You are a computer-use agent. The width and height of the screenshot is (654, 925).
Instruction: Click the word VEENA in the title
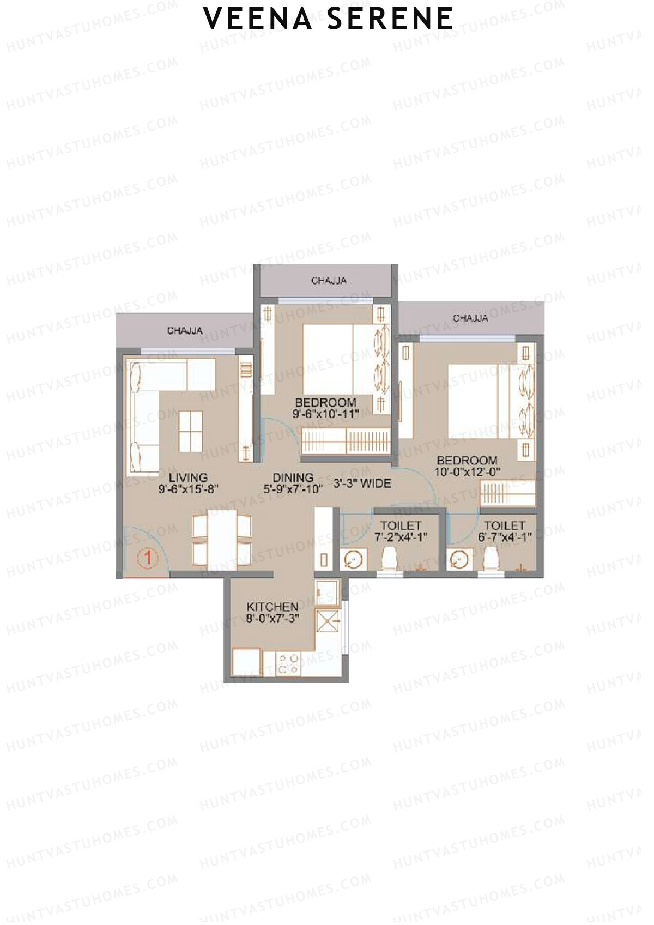257,19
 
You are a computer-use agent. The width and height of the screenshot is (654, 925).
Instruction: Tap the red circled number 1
147,558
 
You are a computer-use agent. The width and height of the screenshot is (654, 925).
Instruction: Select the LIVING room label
188,477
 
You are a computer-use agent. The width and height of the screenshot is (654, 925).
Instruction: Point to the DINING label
293,478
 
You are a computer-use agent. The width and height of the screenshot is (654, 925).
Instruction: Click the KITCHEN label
272,607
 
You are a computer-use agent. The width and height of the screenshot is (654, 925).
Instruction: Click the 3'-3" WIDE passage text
362,483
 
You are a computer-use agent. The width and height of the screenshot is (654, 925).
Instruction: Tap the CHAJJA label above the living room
185,331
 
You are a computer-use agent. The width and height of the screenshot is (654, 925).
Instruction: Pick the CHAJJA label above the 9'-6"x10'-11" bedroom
329,281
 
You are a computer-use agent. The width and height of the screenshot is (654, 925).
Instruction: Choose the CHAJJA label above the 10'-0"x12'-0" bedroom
470,318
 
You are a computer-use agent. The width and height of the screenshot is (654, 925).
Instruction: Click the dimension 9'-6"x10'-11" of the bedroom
325,414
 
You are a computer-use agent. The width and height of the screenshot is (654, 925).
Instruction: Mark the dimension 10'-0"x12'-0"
467,472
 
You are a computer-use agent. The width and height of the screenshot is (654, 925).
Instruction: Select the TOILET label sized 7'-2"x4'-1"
401,525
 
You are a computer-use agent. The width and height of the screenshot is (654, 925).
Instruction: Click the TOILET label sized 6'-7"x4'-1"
504,525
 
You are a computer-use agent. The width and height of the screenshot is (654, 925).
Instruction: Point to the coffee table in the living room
190,431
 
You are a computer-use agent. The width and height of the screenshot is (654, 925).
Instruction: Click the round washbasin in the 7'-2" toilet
353,559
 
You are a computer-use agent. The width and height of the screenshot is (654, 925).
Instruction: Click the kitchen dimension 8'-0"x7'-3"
272,619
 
